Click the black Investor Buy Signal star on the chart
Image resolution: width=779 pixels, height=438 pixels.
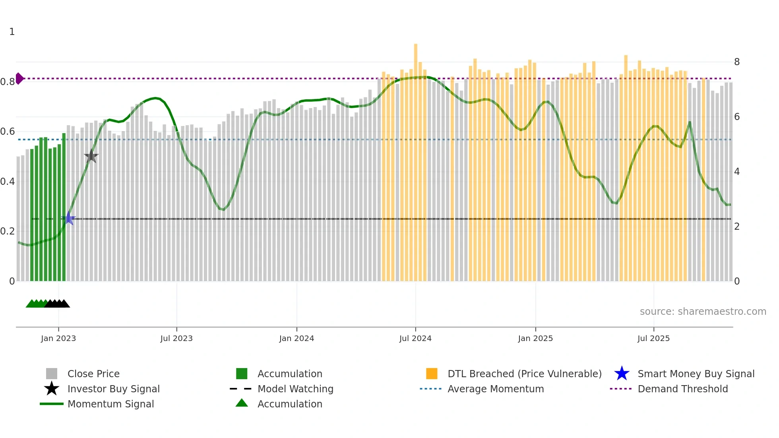pyautogui.click(x=91, y=156)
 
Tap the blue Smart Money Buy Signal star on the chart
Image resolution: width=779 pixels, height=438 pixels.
pyautogui.click(x=69, y=218)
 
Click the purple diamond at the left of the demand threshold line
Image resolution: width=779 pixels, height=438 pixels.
pyautogui.click(x=19, y=79)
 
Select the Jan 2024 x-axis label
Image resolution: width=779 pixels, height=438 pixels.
pyautogui.click(x=296, y=338)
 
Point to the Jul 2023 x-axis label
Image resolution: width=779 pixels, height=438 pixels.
pyautogui.click(x=176, y=338)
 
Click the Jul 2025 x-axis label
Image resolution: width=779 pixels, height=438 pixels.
pyautogui.click(x=653, y=338)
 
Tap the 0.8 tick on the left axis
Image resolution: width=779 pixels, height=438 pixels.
pyautogui.click(x=8, y=82)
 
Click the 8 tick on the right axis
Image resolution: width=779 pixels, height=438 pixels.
pyautogui.click(x=737, y=62)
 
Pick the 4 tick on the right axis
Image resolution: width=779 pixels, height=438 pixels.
pyautogui.click(x=737, y=172)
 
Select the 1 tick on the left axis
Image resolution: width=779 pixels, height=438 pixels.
pyautogui.click(x=12, y=32)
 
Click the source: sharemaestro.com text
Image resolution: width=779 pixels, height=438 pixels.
pyautogui.click(x=703, y=312)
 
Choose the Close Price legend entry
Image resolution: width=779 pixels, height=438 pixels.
pyautogui.click(x=93, y=374)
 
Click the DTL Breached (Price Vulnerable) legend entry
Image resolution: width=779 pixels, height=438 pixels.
pyautogui.click(x=524, y=374)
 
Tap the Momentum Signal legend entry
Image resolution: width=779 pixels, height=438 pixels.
pyautogui.click(x=110, y=404)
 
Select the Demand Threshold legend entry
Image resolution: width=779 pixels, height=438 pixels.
pyautogui.click(x=682, y=389)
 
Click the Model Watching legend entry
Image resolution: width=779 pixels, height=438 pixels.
pyautogui.click(x=295, y=389)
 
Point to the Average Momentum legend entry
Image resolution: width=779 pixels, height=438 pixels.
pyautogui.click(x=496, y=389)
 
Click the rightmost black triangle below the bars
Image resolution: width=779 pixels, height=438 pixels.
pyautogui.click(x=64, y=304)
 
